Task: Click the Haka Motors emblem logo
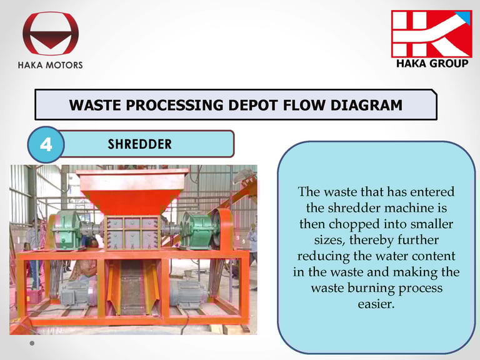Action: [51, 33]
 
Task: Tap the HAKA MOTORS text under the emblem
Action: [50, 65]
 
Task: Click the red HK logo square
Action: [432, 34]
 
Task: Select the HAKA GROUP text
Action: [432, 63]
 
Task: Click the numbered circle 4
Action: [46, 144]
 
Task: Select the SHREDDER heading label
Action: [139, 144]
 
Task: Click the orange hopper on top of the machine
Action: [132, 191]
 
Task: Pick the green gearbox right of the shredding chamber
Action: [199, 231]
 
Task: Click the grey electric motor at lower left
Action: [75, 294]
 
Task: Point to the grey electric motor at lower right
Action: [187, 294]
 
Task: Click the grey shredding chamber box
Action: [132, 232]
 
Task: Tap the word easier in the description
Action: [376, 304]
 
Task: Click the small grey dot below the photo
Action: [32, 343]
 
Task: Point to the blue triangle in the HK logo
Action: [465, 16]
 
